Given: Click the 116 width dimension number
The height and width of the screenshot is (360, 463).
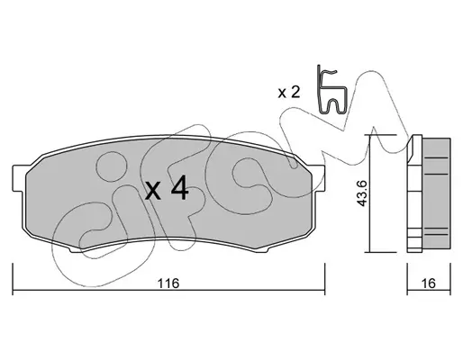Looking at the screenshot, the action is pyautogui.click(x=168, y=283).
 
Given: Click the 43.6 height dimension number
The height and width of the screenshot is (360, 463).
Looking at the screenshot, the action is pyautogui.click(x=362, y=193).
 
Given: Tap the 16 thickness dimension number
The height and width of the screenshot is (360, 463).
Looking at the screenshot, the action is pyautogui.click(x=429, y=283).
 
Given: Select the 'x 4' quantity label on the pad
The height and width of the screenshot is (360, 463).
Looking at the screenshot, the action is pyautogui.click(x=167, y=188).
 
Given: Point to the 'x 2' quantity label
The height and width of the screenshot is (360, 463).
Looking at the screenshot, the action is pyautogui.click(x=289, y=93).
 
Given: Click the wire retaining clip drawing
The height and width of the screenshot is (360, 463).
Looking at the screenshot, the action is pyautogui.click(x=332, y=90).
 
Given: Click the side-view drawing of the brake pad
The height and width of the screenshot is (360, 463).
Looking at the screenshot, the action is pyautogui.click(x=429, y=193).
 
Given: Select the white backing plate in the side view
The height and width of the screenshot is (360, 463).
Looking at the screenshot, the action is pyautogui.click(x=414, y=193).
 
